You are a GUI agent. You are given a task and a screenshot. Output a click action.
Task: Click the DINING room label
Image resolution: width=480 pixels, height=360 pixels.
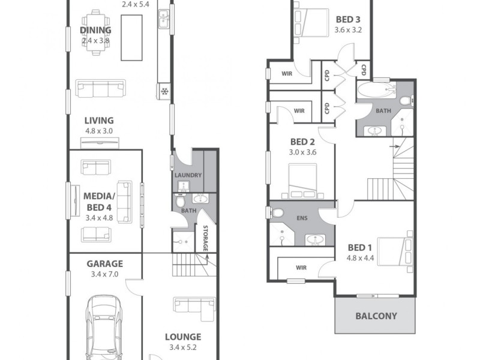[x=96, y=30]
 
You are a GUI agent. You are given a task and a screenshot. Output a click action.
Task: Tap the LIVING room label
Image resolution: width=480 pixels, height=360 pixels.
[x=99, y=120]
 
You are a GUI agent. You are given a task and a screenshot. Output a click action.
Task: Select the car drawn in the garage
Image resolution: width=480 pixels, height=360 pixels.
[x=106, y=324]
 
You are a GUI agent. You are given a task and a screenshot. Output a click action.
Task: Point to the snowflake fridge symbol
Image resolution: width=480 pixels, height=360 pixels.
[x=164, y=91]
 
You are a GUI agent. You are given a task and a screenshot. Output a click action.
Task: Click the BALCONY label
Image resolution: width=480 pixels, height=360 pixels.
[x=376, y=316]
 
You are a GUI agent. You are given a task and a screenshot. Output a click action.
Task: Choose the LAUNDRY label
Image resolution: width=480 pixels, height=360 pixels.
[x=188, y=175]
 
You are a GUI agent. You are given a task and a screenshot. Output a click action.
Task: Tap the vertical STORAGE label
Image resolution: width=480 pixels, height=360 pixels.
[x=205, y=238]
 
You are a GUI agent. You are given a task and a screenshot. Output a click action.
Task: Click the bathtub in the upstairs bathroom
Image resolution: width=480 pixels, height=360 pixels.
[x=375, y=92]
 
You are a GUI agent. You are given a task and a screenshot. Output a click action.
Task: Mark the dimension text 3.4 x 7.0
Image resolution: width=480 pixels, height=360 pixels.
[x=104, y=274]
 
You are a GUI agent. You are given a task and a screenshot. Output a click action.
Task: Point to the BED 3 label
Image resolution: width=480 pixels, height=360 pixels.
[x=348, y=19]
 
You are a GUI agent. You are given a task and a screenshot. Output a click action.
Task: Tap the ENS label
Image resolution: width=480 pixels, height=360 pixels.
[x=302, y=218]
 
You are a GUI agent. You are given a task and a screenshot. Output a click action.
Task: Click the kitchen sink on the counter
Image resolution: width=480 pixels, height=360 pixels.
[x=163, y=20]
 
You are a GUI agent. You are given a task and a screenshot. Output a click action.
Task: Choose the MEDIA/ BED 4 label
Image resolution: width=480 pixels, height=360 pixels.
[x=99, y=202]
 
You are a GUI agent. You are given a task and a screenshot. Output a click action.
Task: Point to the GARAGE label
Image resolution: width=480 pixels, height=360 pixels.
[x=104, y=263]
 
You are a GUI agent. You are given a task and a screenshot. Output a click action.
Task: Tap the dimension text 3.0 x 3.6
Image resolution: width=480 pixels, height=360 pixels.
[x=303, y=152]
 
